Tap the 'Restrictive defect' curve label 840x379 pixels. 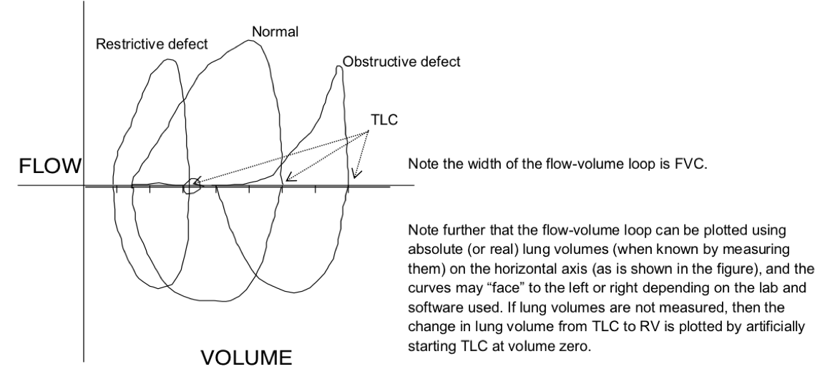[x=152, y=44]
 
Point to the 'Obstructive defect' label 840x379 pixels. [x=401, y=61]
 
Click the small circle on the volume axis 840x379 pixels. [x=191, y=187]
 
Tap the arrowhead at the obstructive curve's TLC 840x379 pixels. [x=356, y=174]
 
